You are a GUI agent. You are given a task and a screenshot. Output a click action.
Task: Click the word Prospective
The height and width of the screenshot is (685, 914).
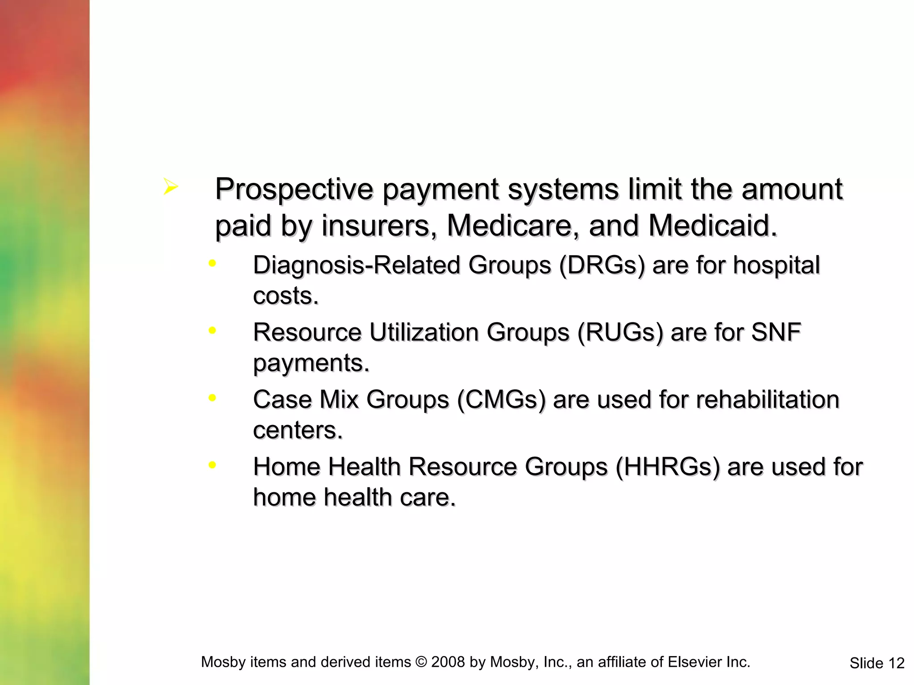294,190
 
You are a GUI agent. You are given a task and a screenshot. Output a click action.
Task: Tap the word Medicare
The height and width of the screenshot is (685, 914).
509,226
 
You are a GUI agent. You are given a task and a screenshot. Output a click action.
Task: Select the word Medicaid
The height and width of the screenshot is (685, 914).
712,226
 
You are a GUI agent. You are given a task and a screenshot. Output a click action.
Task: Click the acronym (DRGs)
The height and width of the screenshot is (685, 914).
602,266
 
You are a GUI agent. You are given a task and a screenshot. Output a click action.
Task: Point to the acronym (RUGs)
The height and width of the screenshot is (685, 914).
620,333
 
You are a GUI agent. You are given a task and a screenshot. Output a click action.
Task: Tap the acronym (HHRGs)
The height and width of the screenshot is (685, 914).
668,467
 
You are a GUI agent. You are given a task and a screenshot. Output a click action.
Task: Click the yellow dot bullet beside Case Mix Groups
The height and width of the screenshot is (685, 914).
212,397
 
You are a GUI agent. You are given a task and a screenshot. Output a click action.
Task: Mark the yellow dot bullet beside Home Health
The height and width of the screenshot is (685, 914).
212,465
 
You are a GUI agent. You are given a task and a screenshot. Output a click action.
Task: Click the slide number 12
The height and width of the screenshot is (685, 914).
896,664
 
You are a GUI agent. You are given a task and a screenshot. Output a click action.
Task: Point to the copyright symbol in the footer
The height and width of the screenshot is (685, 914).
421,662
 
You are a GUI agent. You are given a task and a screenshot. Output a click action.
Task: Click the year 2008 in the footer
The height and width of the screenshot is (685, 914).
448,662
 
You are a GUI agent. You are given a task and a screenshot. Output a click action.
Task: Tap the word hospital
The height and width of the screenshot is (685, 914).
776,266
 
